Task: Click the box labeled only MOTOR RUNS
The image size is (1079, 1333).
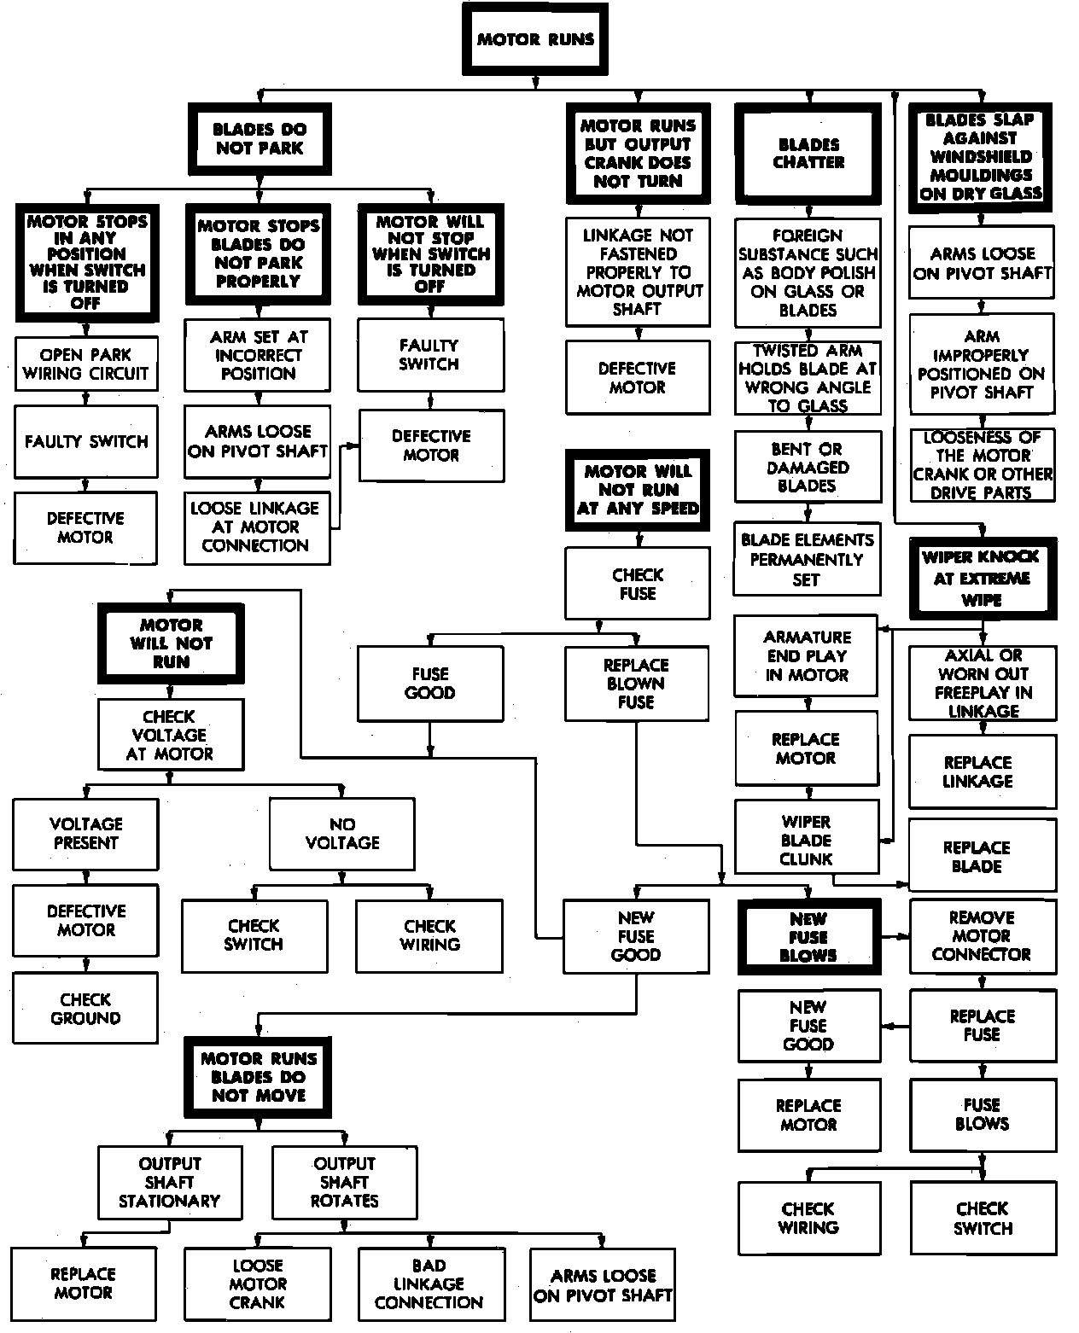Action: [535, 39]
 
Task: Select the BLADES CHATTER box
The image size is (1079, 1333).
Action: [808, 154]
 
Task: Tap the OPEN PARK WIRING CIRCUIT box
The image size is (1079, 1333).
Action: [85, 364]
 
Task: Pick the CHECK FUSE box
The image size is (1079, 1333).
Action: [637, 584]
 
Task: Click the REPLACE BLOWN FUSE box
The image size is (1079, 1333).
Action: [636, 684]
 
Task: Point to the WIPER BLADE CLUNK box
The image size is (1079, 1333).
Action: [806, 840]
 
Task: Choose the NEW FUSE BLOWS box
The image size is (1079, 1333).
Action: [808, 937]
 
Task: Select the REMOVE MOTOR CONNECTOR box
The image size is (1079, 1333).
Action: [982, 936]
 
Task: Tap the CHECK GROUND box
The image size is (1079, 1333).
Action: [85, 1009]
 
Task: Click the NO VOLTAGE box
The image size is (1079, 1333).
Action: [342, 834]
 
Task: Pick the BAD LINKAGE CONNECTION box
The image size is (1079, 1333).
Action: [429, 1284]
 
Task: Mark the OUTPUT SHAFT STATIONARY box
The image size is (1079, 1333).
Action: [170, 1182]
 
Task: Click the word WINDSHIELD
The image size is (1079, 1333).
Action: [981, 157]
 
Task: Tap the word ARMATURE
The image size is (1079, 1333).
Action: [808, 637]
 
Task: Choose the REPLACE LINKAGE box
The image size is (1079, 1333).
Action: [978, 771]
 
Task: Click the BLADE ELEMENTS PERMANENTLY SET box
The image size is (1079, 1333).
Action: [807, 560]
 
